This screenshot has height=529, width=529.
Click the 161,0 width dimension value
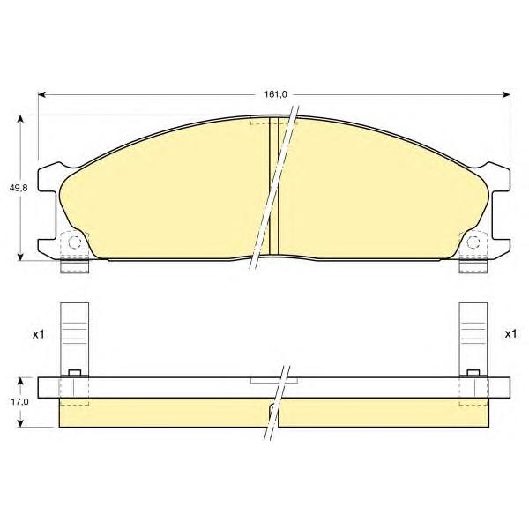pos(275,94)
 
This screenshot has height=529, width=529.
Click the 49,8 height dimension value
pos(19,189)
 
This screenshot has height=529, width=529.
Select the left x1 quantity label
pos(39,334)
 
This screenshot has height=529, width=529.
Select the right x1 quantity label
pos(510,334)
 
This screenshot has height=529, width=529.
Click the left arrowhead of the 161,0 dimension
pos(41,95)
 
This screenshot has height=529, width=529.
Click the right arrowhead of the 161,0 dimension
pos(506,95)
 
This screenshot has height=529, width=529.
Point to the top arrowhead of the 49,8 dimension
pos(21,119)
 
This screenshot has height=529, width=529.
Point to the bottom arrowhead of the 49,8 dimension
pos(21,257)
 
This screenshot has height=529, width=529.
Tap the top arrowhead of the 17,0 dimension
pos(21,381)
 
